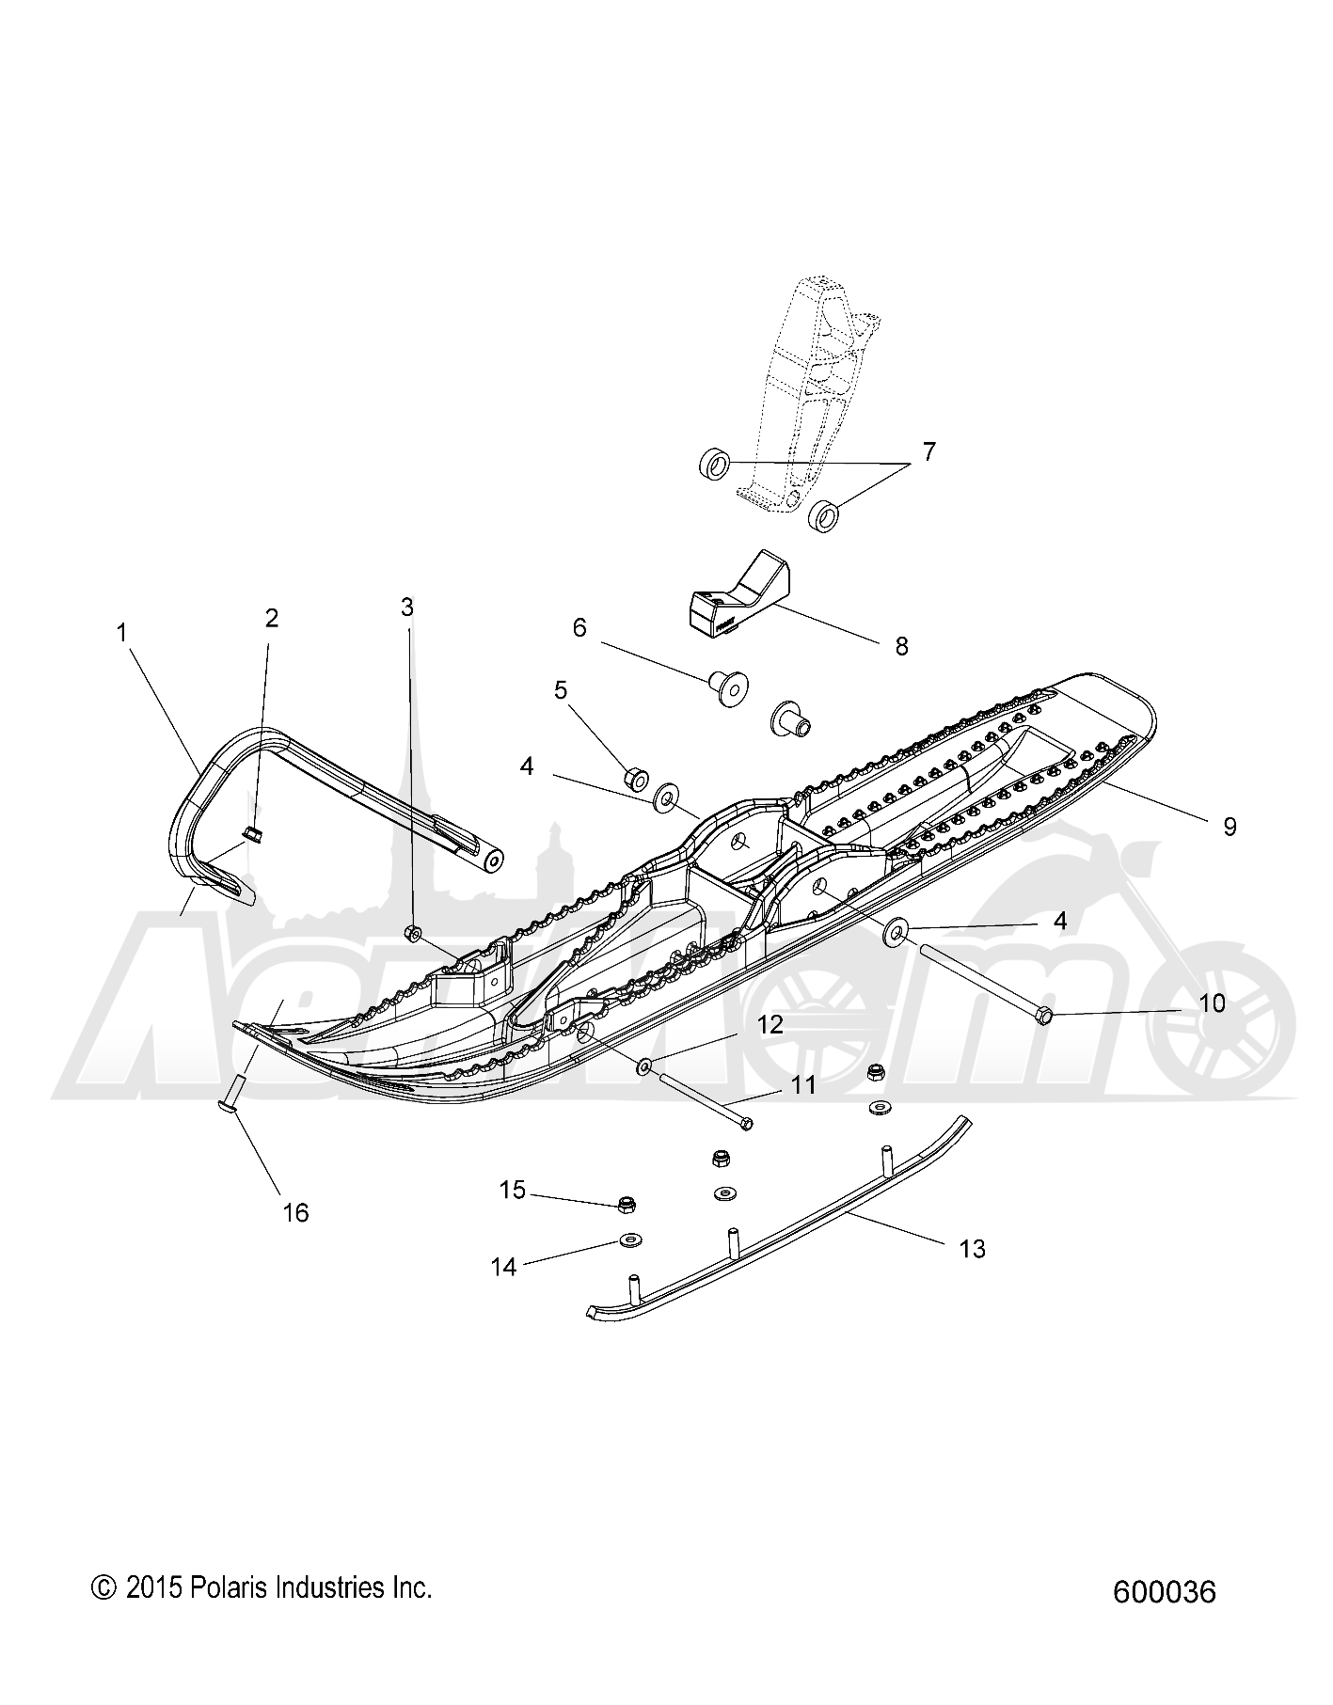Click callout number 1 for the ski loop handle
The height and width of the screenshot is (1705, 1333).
pos(121,633)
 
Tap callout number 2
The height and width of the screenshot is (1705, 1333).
pos(272,618)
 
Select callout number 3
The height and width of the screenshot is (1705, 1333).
pos(407,608)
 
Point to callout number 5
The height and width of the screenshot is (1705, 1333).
pos(561,690)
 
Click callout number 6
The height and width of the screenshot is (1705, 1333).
pos(579,627)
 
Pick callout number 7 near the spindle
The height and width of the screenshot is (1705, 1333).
pos(928,451)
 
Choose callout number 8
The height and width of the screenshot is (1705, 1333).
pos(901,646)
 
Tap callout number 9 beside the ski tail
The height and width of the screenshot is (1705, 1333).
pos(1229,826)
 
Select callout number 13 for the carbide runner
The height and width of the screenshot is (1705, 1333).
pos(972,1248)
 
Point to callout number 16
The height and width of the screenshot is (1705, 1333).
pos(295,1212)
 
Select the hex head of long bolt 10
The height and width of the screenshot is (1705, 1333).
pos(1043,1015)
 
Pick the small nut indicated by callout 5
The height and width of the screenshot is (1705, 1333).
pos(635,752)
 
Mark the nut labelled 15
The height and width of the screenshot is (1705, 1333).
pos(626,1203)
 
